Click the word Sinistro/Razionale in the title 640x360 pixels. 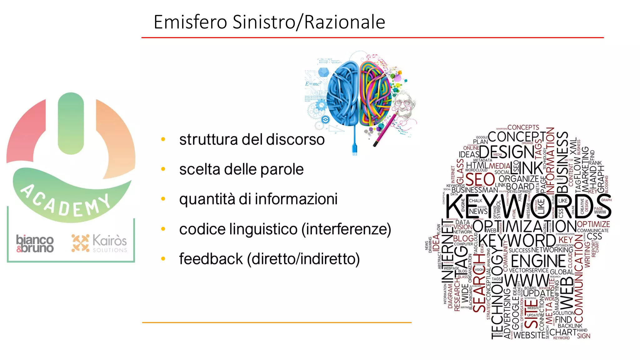click(x=309, y=22)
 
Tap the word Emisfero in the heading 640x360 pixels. click(x=190, y=22)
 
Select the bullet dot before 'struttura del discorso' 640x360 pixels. click(x=163, y=139)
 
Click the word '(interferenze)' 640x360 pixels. click(x=346, y=229)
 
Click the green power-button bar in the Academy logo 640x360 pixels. click(x=71, y=123)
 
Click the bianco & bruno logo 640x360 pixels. click(x=35, y=243)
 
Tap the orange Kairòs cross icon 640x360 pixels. click(x=80, y=243)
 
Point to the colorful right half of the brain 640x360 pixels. click(x=375, y=94)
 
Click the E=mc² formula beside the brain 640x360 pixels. click(x=313, y=84)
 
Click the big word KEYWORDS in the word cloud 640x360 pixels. click(x=528, y=206)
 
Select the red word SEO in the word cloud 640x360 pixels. click(x=480, y=180)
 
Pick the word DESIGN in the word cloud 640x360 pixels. click(x=507, y=152)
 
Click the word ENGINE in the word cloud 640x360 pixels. click(x=538, y=261)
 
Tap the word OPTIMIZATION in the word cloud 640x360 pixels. click(x=525, y=226)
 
